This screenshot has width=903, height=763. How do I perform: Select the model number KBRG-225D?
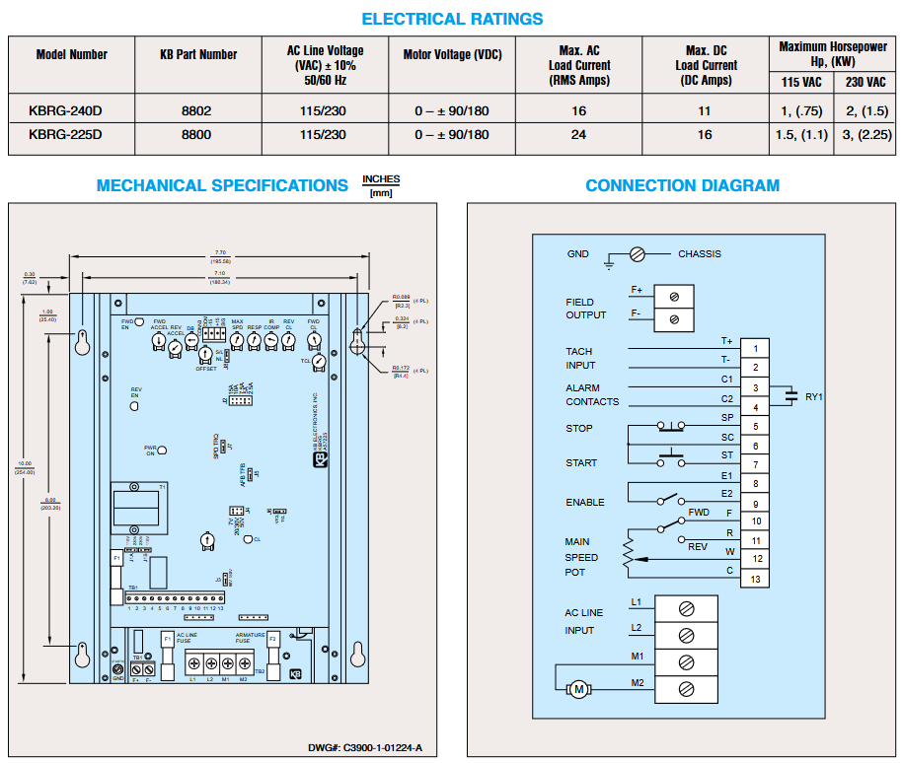(65, 135)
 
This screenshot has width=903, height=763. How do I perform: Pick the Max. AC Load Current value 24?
(579, 135)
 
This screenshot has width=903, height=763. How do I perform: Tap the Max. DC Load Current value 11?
(705, 111)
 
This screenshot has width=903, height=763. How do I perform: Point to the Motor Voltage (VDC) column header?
(453, 55)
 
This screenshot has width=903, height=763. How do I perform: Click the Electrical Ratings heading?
(452, 19)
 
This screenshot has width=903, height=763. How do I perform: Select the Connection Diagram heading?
(682, 185)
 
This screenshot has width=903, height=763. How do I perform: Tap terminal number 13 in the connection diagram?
(755, 579)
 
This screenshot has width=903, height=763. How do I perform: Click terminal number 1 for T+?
(755, 348)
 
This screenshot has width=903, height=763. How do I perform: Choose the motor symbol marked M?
(579, 688)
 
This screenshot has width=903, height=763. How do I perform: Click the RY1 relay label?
(814, 396)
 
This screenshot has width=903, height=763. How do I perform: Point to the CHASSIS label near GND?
(699, 254)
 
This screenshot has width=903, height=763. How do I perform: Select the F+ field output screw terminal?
(674, 296)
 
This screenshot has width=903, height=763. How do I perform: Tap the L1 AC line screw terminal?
(685, 607)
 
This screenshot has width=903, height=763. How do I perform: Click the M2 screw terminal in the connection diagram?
(685, 687)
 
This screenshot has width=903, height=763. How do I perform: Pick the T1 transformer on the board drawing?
(137, 507)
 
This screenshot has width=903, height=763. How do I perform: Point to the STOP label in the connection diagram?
(579, 429)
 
